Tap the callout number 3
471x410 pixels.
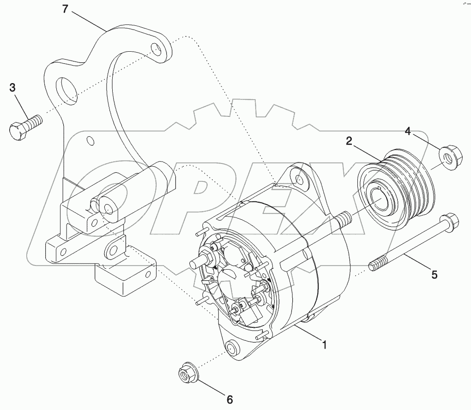click(x=12, y=87)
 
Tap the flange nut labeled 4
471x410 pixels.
click(x=446, y=157)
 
